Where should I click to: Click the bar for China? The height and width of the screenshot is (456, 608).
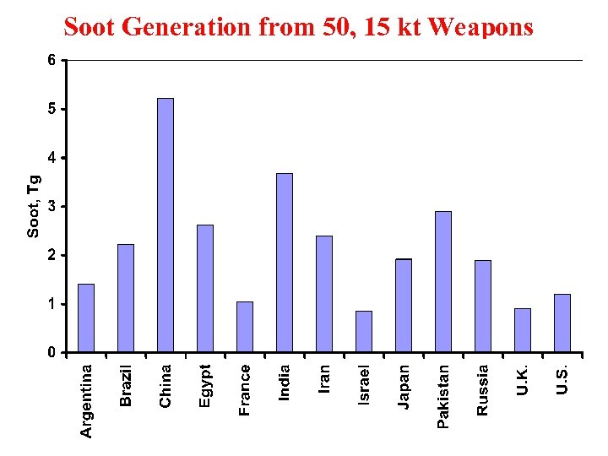[x=166, y=225]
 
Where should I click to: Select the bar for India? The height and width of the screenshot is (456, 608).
[x=285, y=263]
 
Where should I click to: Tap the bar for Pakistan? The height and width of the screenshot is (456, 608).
[x=443, y=281]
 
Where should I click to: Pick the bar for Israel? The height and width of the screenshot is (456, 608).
[x=364, y=331]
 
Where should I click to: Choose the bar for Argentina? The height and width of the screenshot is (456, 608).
[x=86, y=318]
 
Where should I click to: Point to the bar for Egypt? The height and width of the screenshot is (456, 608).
[x=205, y=288]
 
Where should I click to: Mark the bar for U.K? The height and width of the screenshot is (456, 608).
[x=523, y=330]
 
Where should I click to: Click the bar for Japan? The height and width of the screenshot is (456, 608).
[x=404, y=305]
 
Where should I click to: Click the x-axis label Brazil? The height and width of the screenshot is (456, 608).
[x=126, y=385]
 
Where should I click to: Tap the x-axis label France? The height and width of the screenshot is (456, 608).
[x=245, y=389]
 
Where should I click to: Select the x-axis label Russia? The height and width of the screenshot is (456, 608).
[x=483, y=389]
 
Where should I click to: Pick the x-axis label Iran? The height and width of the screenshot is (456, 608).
[x=324, y=377]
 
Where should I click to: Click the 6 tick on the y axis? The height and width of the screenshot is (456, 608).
[x=52, y=61]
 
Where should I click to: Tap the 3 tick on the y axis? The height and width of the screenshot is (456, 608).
[x=52, y=206]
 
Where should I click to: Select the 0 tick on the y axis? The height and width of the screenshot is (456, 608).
[x=52, y=352]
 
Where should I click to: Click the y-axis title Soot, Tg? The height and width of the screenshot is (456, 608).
[x=34, y=206]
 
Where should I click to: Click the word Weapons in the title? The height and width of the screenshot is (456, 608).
[x=481, y=28]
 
